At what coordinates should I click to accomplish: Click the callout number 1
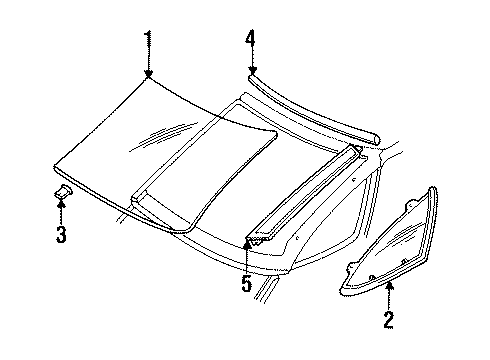(x=148, y=41)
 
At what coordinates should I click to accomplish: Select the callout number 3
(x=61, y=235)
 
